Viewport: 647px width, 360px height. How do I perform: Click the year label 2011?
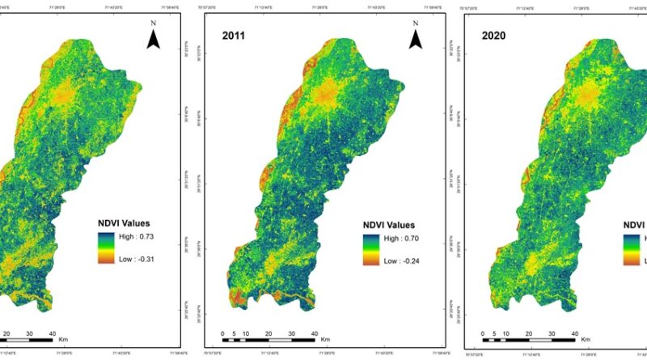pos(236,35)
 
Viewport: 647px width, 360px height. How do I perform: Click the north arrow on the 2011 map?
pos(416,36)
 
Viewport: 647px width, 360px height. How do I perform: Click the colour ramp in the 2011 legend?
pos(371,249)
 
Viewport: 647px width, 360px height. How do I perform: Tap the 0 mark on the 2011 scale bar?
pos(222,332)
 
